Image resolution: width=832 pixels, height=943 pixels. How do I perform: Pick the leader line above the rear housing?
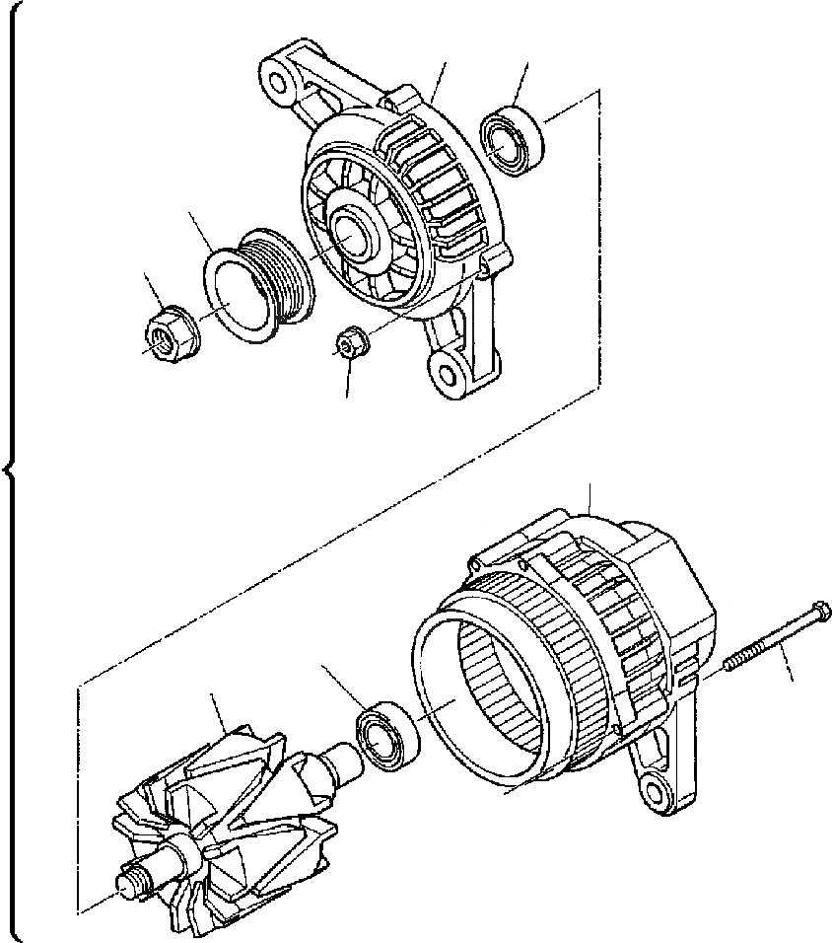coord(589,497)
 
